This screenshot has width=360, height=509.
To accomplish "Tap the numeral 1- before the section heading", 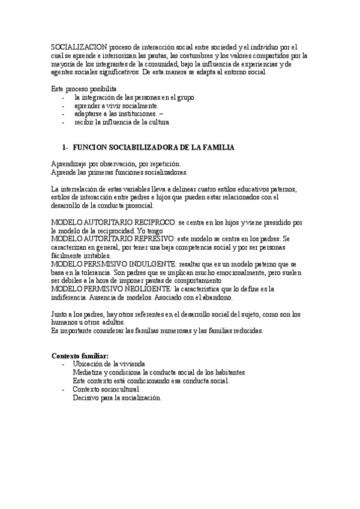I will tap(65, 147).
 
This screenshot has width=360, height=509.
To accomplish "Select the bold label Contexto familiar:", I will tap(80, 356).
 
